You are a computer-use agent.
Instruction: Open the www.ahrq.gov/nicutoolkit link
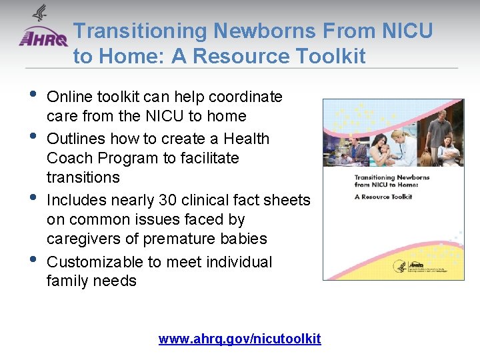click(239, 339)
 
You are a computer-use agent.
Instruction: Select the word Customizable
click(91, 262)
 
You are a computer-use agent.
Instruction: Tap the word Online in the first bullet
click(69, 97)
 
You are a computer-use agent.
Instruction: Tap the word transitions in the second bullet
click(83, 177)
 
